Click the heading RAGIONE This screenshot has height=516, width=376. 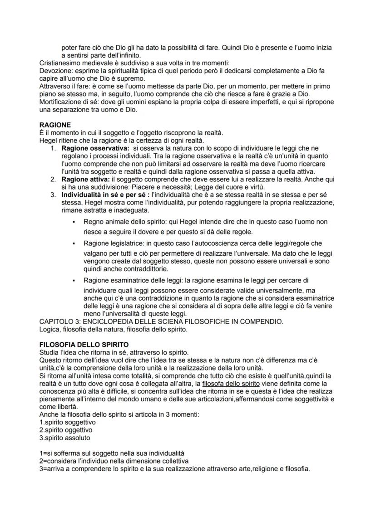[55, 125]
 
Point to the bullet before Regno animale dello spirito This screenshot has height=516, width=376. [73, 222]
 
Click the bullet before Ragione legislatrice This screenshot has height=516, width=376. [73, 243]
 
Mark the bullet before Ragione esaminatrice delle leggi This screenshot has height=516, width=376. [73, 281]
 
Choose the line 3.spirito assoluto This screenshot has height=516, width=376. [64, 438]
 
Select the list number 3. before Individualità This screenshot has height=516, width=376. [53, 195]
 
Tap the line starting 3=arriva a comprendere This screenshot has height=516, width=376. [175, 468]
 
